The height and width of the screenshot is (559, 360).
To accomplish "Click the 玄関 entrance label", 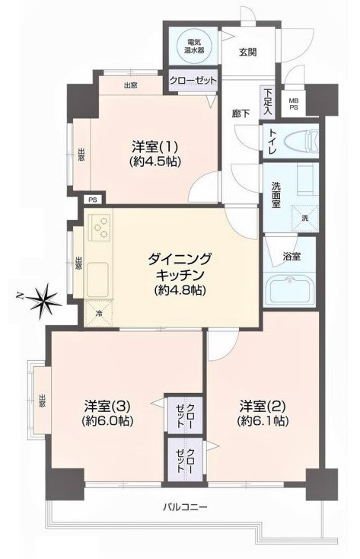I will (247, 53).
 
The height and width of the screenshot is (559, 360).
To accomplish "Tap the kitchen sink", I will (99, 279).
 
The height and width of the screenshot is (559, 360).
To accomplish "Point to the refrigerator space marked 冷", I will (100, 313).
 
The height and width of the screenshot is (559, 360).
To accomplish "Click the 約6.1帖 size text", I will (263, 420).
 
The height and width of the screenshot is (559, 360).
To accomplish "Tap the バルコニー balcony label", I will (186, 506).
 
